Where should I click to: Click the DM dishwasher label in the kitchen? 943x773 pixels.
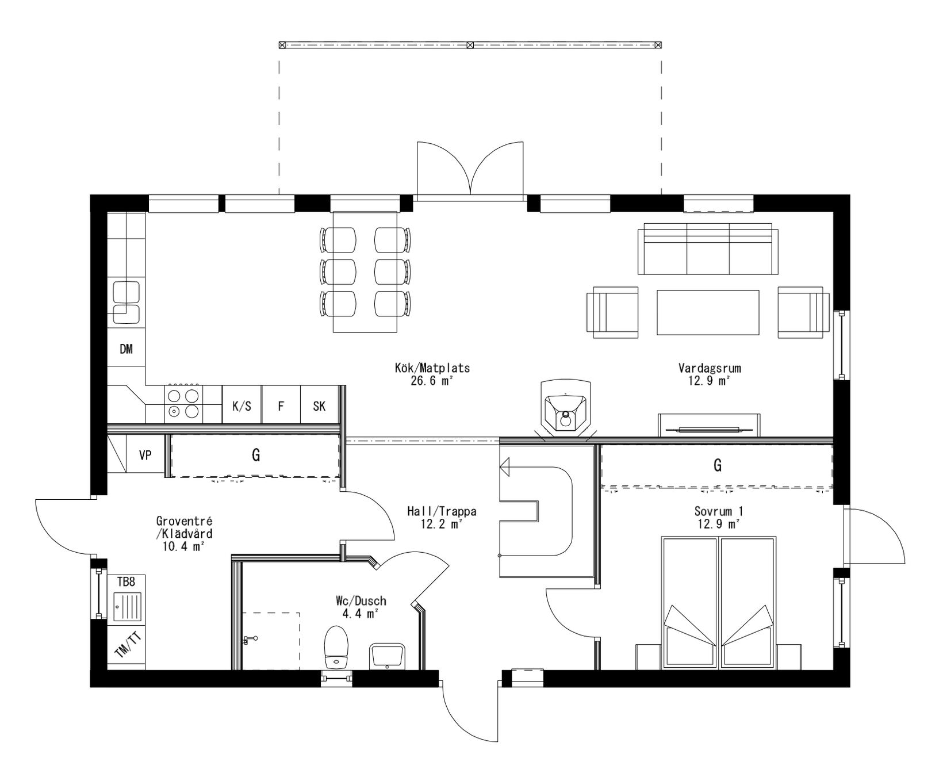tap(126, 349)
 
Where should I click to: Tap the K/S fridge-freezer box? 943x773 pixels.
tap(241, 406)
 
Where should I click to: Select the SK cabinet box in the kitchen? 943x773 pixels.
tap(319, 406)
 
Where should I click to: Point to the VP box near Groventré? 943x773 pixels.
tap(145, 455)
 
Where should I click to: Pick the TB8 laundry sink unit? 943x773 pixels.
tap(126, 598)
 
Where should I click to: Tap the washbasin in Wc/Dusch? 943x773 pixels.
tap(386, 656)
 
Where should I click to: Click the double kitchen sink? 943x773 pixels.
tap(126, 302)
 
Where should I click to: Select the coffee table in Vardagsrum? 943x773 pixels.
tap(708, 312)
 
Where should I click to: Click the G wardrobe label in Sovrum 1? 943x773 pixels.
tap(717, 465)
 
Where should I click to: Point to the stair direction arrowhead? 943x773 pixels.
tap(505, 468)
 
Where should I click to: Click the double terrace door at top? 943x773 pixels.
tap(470, 170)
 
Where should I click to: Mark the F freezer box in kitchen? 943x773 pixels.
tap(281, 406)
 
